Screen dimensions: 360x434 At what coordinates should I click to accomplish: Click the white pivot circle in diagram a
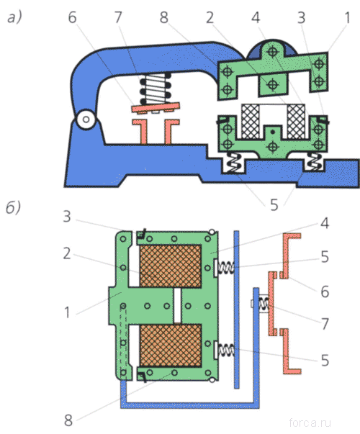(86, 119)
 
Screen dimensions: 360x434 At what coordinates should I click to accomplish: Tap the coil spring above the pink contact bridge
(155, 89)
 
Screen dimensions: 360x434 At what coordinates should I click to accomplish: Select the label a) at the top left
(14, 18)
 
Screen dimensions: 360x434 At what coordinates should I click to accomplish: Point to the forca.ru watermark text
(310, 422)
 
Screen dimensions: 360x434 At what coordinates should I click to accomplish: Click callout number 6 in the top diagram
(72, 17)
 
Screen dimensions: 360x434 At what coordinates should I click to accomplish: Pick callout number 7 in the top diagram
(118, 17)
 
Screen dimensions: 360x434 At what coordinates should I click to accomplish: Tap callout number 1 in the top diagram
(347, 17)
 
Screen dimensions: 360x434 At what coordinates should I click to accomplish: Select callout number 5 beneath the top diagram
(274, 205)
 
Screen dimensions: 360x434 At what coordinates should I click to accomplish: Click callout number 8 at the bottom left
(68, 420)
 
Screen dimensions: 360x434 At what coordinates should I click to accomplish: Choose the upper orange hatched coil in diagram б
(171, 266)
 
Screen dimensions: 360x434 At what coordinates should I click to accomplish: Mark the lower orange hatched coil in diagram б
(171, 345)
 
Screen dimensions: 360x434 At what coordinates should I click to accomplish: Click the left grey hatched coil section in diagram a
(251, 121)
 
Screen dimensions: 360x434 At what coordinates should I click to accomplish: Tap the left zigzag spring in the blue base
(233, 163)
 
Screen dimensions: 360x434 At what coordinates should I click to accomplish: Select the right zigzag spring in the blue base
(315, 162)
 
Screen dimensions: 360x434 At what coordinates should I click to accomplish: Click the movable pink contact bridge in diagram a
(156, 108)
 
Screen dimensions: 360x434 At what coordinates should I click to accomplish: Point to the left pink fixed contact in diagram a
(142, 132)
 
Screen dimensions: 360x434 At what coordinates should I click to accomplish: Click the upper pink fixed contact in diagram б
(289, 256)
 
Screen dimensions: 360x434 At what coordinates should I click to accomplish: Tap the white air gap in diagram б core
(177, 306)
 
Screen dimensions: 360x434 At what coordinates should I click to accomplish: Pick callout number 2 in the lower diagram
(67, 253)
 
